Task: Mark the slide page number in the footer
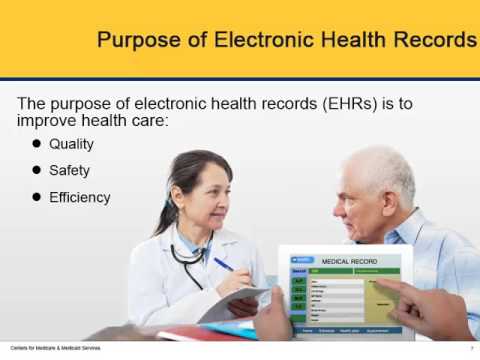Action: tap(471, 348)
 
